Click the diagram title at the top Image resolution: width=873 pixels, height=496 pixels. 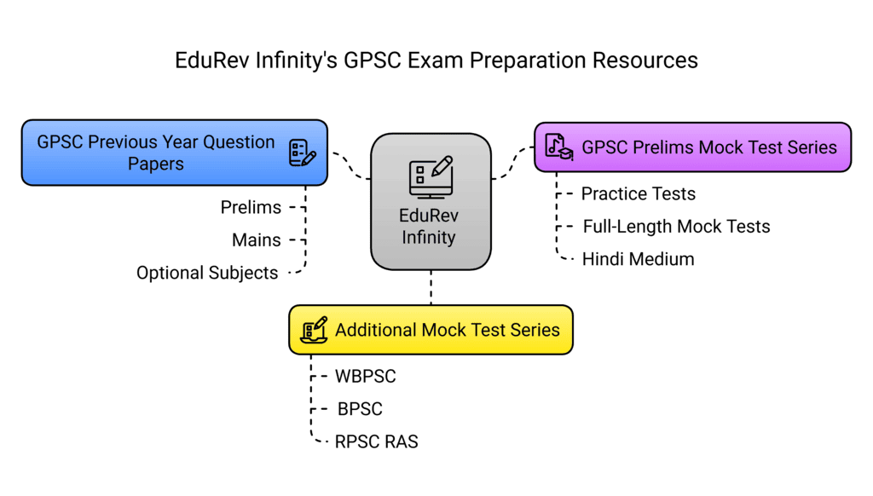(x=436, y=61)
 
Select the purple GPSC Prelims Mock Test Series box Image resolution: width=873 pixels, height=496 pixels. (x=692, y=147)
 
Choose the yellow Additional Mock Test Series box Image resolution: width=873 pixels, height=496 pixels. (x=430, y=330)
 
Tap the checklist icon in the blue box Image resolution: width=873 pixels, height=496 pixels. (x=302, y=153)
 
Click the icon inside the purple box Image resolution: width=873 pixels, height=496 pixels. (x=558, y=147)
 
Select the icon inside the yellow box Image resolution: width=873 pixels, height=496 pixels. (x=314, y=330)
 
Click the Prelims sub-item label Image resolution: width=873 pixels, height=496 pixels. (x=251, y=207)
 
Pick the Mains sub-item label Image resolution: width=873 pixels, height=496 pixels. (x=257, y=240)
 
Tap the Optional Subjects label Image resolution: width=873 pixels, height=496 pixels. (x=207, y=274)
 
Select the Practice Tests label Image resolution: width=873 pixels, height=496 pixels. (x=638, y=193)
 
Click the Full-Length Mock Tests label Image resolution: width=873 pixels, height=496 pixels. (x=676, y=227)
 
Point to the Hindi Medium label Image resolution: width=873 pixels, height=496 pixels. (x=638, y=259)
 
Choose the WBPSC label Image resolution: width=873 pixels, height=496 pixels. (x=366, y=376)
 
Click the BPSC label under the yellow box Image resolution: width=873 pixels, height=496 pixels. (x=360, y=409)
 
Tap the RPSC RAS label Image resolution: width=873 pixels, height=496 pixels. (x=377, y=442)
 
